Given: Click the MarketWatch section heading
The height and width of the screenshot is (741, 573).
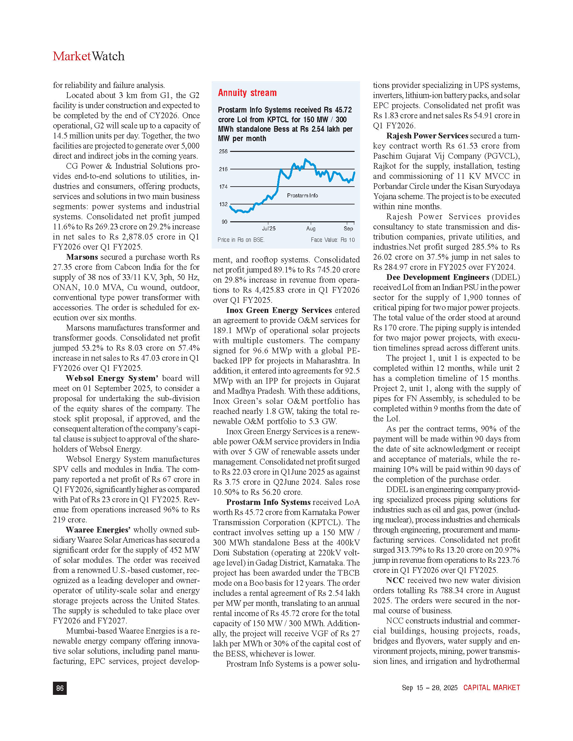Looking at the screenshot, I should tap(89, 56).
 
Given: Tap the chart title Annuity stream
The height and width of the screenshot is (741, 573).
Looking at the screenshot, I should tap(247, 93).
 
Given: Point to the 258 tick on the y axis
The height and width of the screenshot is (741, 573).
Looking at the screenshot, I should tap(223, 151).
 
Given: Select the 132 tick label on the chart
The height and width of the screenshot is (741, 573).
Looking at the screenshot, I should tap(223, 204).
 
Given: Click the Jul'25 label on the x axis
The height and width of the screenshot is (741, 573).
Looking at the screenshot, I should tap(269, 229).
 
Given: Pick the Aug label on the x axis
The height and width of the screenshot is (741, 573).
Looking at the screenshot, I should tap(311, 229).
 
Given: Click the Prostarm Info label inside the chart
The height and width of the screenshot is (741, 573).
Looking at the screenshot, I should tap(302, 196).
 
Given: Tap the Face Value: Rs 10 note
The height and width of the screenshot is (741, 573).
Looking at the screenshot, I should tap(333, 240).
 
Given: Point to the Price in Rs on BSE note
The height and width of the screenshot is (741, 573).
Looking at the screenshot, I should tap(241, 240).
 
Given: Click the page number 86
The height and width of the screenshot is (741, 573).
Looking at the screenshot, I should tap(60, 688).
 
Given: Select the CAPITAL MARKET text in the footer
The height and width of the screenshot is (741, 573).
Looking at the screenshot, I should tap(491, 688).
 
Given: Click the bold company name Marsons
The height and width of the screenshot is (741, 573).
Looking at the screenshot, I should tap(82, 257).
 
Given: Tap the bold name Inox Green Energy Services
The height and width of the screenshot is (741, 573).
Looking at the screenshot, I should tap(279, 310).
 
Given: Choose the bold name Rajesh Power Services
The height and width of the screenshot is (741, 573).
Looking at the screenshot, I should tap(427, 136).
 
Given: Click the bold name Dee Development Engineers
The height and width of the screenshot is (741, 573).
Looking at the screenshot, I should tap(438, 277).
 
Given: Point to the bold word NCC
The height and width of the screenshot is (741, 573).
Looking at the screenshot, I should tap(395, 581).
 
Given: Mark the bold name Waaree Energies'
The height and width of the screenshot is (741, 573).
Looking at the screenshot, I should tap(98, 530).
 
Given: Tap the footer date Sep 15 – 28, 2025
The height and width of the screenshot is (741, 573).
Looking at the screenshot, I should tap(429, 688).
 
